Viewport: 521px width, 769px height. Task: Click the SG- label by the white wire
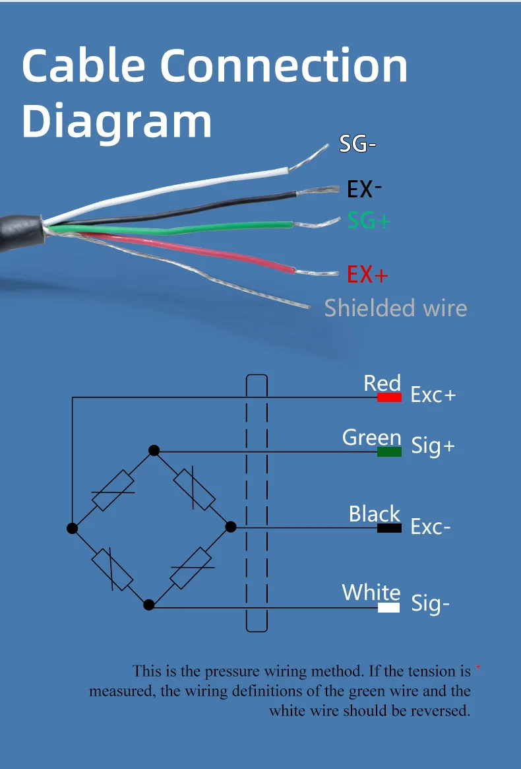click(357, 144)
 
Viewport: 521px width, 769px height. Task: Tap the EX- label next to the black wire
click(364, 189)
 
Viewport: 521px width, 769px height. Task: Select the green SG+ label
click(369, 220)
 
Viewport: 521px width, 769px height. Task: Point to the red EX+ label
click(367, 274)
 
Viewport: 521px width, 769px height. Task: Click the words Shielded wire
click(396, 308)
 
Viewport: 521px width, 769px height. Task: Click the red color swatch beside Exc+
click(389, 398)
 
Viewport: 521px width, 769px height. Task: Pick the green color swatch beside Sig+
click(389, 452)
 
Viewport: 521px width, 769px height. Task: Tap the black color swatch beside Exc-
click(389, 528)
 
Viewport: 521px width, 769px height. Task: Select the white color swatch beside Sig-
click(388, 607)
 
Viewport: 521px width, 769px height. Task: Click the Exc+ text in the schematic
click(433, 395)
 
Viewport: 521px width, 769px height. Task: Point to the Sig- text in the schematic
click(430, 603)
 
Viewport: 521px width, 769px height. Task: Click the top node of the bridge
click(154, 450)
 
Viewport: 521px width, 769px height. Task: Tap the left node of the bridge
click(73, 528)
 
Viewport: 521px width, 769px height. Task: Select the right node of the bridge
click(230, 526)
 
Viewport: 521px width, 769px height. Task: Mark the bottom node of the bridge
click(149, 604)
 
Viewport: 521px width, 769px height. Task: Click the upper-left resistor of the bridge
click(113, 490)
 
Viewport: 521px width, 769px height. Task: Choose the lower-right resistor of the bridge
click(191, 567)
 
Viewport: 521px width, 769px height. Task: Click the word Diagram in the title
click(117, 121)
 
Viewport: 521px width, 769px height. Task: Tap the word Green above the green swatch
click(371, 437)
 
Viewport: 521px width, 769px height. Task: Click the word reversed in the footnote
click(436, 711)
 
